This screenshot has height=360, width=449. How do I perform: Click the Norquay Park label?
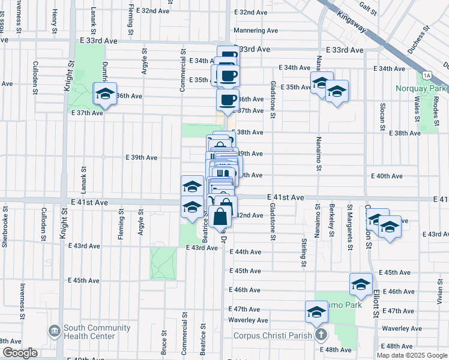pyautogui.click(x=420, y=89)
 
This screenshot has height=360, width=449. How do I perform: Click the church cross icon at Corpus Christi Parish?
pyautogui.click(x=321, y=335)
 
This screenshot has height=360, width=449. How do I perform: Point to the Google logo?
pyautogui.click(x=19, y=353)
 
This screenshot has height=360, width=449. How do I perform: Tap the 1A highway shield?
pyautogui.click(x=427, y=75)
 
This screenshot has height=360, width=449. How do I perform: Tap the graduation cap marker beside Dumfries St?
pyautogui.click(x=104, y=95)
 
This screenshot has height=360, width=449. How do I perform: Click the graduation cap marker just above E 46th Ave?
pyautogui.click(x=361, y=284)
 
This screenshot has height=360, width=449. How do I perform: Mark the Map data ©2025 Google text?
pyautogui.click(x=412, y=355)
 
